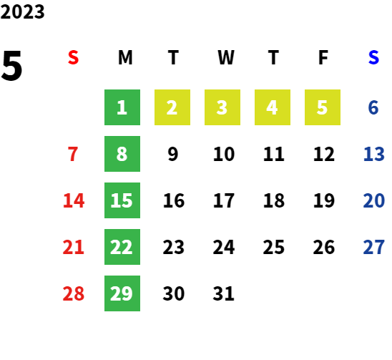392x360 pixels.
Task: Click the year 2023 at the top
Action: pyautogui.click(x=22, y=11)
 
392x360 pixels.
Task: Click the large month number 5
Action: pyautogui.click(x=11, y=66)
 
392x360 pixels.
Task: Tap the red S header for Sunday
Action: pyautogui.click(x=73, y=57)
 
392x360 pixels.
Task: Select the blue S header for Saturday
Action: pyautogui.click(x=373, y=57)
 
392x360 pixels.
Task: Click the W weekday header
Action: pyautogui.click(x=226, y=57)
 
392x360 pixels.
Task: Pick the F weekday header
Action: pyautogui.click(x=323, y=57)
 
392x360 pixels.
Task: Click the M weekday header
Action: pyautogui.click(x=125, y=57)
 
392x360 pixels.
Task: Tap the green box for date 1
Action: pyautogui.click(x=122, y=107)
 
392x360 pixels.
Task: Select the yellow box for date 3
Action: pyautogui.click(x=222, y=107)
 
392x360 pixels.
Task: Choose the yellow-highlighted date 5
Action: pyautogui.click(x=323, y=107)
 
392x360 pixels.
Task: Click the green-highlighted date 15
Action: pyautogui.click(x=122, y=200)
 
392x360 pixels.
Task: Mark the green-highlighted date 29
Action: pyautogui.click(x=122, y=293)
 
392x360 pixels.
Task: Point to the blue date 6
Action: pyautogui.click(x=373, y=107)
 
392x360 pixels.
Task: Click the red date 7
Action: pyautogui.click(x=73, y=154)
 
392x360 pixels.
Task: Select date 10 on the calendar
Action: pyautogui.click(x=224, y=154)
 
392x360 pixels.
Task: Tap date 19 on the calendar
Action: pyautogui.click(x=324, y=200)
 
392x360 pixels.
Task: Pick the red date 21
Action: pyautogui.click(x=73, y=247)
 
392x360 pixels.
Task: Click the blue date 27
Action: pyautogui.click(x=373, y=247)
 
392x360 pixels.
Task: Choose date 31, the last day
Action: pyautogui.click(x=224, y=293)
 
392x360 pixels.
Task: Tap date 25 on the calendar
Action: pyautogui.click(x=274, y=247)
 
